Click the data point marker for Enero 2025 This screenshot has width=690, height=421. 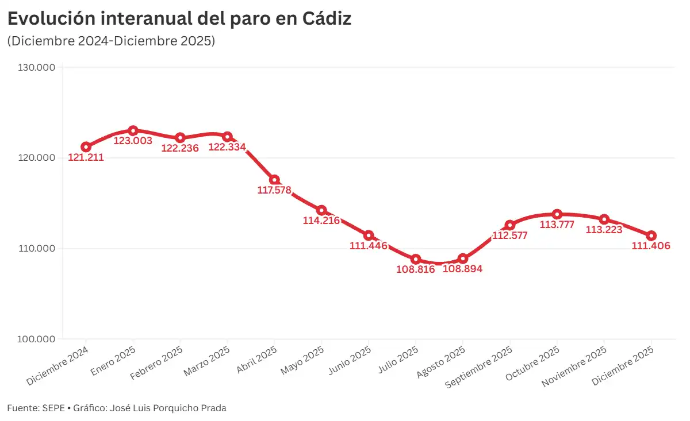point(133,131)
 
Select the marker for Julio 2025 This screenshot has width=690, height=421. point(416,260)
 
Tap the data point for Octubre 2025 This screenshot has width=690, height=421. point(557,214)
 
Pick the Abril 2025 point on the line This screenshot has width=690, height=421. point(274,180)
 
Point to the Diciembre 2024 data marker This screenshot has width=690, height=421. point(86,147)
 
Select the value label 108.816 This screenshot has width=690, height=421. point(415,269)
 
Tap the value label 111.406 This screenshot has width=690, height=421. point(651,246)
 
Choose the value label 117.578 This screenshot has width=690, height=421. point(275,190)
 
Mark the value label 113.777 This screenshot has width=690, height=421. point(557,225)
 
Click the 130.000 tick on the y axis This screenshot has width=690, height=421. point(37,68)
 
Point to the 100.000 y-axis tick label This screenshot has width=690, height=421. point(37,339)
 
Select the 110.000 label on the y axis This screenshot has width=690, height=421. point(37,249)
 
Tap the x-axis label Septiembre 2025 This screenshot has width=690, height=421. point(480,368)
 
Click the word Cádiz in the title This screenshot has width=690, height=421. point(326,19)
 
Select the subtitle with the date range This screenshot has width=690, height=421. point(111,41)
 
